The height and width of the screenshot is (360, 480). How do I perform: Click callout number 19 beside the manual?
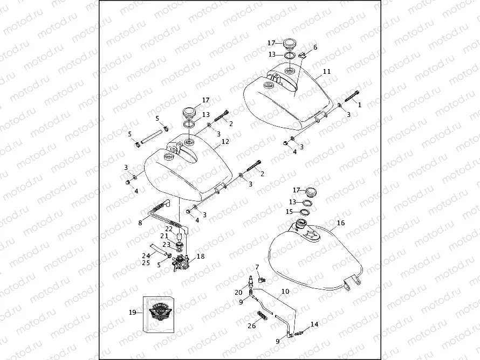[x=133, y=312]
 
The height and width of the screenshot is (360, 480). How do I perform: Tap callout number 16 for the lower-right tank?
[x=340, y=223]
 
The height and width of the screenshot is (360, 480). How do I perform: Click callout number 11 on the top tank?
[x=327, y=71]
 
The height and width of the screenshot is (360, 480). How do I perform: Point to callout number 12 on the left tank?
[x=225, y=142]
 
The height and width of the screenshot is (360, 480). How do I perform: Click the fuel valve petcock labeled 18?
[x=181, y=264]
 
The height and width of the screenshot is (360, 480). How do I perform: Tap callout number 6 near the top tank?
[x=315, y=47]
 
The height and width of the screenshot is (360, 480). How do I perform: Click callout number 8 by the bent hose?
[x=140, y=222]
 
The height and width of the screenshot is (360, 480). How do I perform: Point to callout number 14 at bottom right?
[x=314, y=324]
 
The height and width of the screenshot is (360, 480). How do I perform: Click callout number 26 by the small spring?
[x=251, y=326]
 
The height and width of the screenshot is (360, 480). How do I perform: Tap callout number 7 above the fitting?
[x=257, y=267]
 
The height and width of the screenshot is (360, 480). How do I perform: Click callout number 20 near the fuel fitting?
[x=238, y=292]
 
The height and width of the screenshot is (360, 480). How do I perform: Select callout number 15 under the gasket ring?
[x=289, y=212]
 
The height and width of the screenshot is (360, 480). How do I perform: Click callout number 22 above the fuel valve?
[x=169, y=229]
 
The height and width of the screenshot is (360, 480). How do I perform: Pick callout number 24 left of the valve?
[x=146, y=256]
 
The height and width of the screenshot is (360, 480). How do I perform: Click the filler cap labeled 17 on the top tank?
[x=290, y=43]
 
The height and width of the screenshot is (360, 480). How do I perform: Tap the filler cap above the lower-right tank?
[x=312, y=192]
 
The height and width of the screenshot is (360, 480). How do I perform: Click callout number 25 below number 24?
[x=146, y=263]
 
